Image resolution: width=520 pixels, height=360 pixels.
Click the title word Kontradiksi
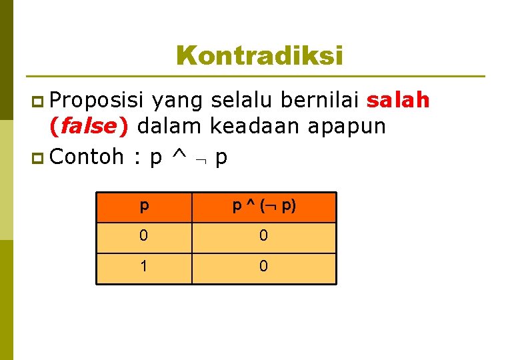pyautogui.click(x=260, y=55)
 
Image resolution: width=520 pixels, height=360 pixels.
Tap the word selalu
pyautogui.click(x=241, y=101)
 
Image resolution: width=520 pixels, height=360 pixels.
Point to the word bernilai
pyautogui.click(x=321, y=101)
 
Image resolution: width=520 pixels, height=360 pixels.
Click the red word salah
pyautogui.click(x=399, y=101)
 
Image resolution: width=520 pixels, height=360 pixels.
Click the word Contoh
pyautogui.click(x=87, y=157)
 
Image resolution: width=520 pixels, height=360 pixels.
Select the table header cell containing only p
pyautogui.click(x=144, y=207)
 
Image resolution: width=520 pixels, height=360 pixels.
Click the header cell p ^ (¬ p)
pyautogui.click(x=264, y=207)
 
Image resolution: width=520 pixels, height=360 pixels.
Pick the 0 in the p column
pyautogui.click(x=144, y=237)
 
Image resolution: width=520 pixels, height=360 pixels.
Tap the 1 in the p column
pyautogui.click(x=144, y=267)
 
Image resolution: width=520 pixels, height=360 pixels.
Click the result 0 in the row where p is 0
pyautogui.click(x=264, y=237)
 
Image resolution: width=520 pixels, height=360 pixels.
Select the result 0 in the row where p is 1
pyautogui.click(x=264, y=267)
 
